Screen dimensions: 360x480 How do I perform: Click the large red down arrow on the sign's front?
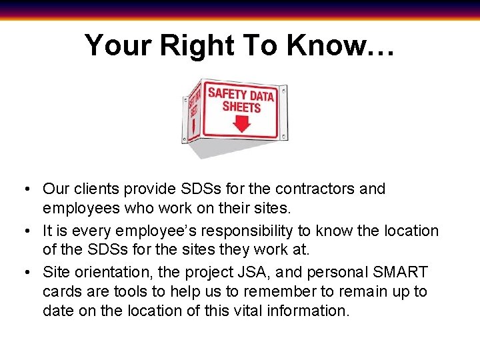point(242,124)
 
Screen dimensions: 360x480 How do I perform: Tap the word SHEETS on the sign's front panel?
point(241,107)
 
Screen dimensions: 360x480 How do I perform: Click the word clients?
point(92,189)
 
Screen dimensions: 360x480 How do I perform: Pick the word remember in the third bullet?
point(281,291)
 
